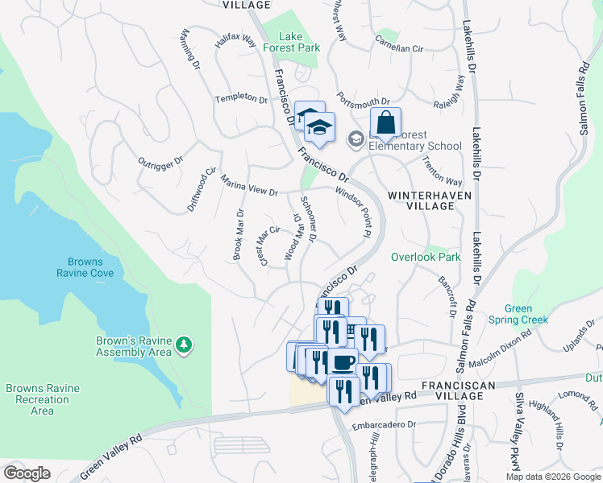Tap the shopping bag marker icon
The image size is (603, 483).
pos(387,124)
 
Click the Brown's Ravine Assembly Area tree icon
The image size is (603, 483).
pos(185,345)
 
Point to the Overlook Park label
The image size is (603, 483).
pos(425,258)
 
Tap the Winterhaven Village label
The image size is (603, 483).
pos(421,200)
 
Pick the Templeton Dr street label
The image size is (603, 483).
pos(240,99)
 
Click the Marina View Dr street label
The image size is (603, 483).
pos(249,187)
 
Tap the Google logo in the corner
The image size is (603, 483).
pos(27,473)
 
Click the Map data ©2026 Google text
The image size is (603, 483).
pos(552,477)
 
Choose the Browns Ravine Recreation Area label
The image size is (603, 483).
pos(42,399)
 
